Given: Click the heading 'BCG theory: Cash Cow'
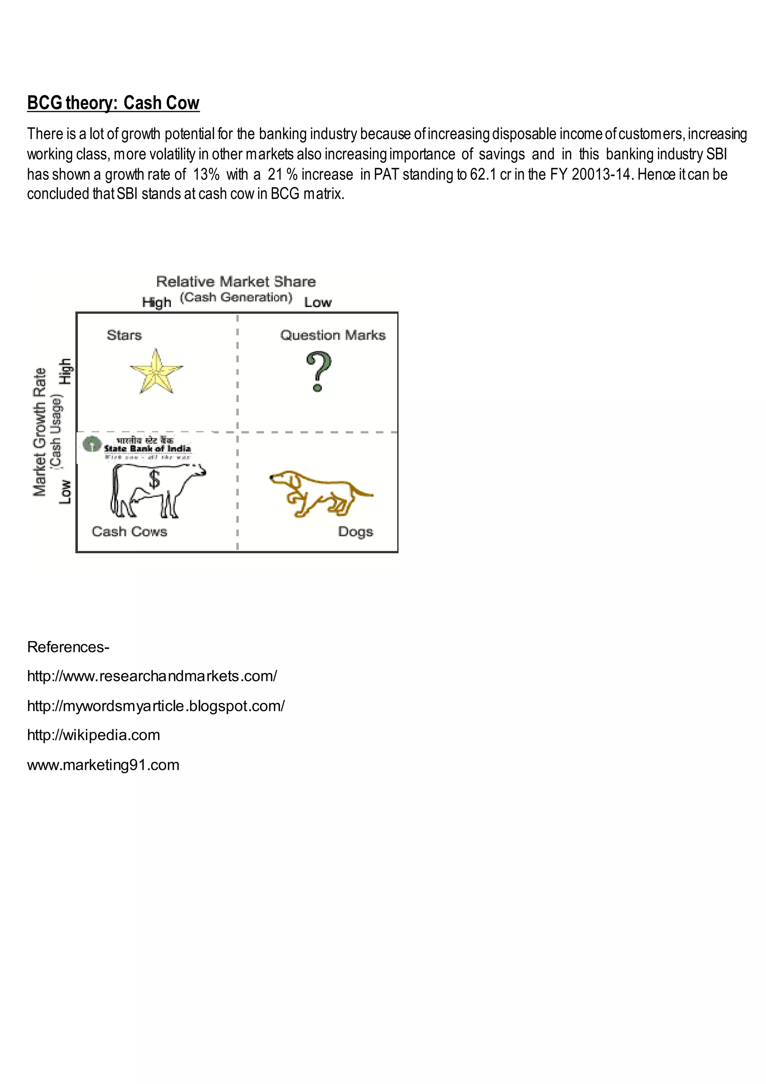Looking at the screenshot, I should click(113, 103).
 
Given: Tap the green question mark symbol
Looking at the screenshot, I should click(319, 372).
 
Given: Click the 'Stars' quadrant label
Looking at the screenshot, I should click(124, 335).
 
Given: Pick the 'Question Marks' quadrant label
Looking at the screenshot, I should click(333, 335).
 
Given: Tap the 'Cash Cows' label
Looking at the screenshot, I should click(129, 532).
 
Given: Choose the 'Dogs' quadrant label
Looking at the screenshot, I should click(355, 532).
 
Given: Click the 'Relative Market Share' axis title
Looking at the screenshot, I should click(236, 281).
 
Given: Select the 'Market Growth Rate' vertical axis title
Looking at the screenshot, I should click(40, 432).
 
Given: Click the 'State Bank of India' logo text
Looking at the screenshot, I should click(147, 448).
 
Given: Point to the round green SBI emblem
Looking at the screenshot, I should click(92, 444).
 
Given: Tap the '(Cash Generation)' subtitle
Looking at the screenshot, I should click(236, 298).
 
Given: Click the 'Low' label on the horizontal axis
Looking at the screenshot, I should click(318, 303).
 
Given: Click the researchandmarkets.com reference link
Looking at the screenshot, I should click(152, 676).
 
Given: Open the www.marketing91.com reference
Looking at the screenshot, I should click(103, 765).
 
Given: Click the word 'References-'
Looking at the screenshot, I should click(68, 647).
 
